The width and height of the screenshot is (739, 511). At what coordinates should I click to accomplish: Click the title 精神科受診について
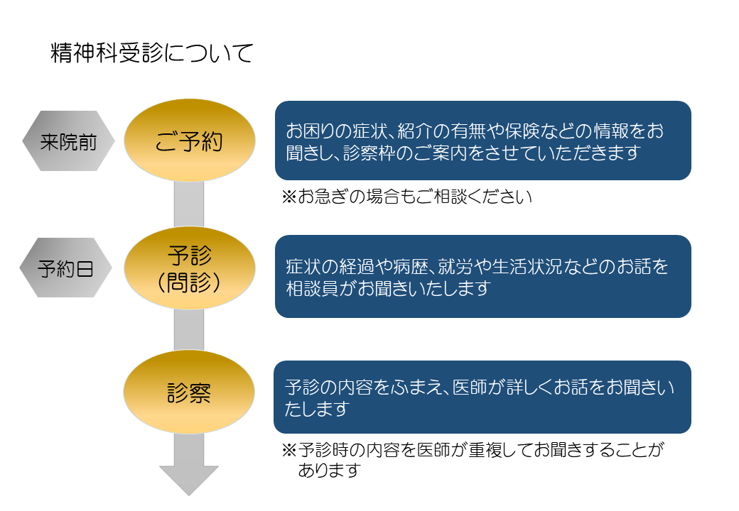pyautogui.click(x=152, y=53)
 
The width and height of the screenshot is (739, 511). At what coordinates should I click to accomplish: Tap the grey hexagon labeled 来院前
pyautogui.click(x=68, y=141)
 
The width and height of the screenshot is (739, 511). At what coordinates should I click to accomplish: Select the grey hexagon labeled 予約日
pyautogui.click(x=65, y=268)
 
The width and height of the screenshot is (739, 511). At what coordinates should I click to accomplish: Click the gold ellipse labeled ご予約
pyautogui.click(x=190, y=141)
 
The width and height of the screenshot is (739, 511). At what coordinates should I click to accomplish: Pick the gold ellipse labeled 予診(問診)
pyautogui.click(x=190, y=268)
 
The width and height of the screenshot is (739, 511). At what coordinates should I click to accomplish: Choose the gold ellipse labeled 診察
pyautogui.click(x=189, y=392)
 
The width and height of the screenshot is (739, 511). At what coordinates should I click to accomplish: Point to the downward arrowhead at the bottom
pyautogui.click(x=189, y=480)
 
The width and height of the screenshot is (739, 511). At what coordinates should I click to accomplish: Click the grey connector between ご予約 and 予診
pyautogui.click(x=189, y=204)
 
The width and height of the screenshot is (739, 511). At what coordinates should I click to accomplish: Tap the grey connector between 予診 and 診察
pyautogui.click(x=189, y=330)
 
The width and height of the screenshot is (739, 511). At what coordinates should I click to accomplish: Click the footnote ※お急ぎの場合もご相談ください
pyautogui.click(x=406, y=197)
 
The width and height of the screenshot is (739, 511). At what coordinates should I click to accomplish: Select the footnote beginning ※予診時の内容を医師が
pyautogui.click(x=473, y=460)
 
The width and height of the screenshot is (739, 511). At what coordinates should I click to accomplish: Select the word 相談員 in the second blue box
pyautogui.click(x=313, y=288)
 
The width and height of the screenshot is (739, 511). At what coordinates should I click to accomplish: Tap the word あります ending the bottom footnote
pyautogui.click(x=330, y=470)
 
